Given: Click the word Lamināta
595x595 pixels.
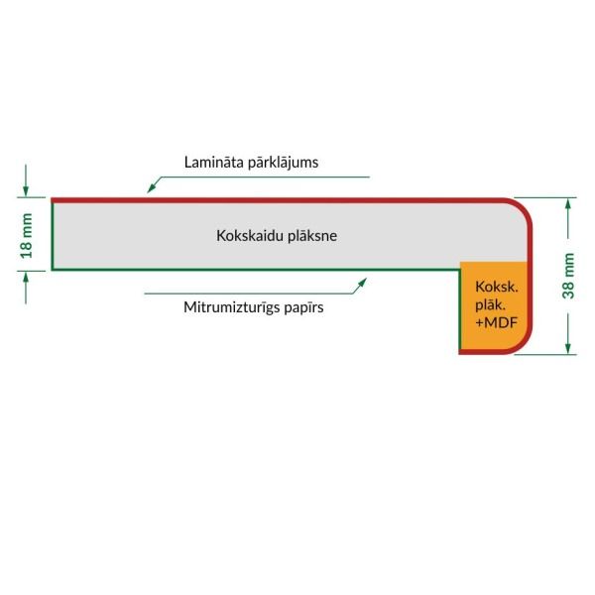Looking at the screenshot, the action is (x=214, y=162).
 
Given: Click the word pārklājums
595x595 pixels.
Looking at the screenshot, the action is (x=283, y=163).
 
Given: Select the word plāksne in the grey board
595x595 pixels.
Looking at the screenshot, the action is (x=312, y=236).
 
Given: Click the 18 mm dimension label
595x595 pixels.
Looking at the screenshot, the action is (x=26, y=236).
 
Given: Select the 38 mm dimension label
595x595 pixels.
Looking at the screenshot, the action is (x=568, y=276).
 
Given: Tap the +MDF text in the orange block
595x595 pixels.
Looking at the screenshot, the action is (x=497, y=322).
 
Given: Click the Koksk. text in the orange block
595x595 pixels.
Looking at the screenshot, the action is (x=497, y=287).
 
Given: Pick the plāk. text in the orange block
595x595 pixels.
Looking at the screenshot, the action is (x=490, y=305).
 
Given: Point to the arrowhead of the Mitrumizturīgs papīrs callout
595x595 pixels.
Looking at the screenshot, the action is (x=362, y=283).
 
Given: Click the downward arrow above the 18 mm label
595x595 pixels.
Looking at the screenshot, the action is (x=26, y=180).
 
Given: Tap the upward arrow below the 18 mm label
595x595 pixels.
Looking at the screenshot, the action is (x=26, y=288).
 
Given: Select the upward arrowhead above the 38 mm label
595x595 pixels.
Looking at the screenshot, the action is (x=568, y=205).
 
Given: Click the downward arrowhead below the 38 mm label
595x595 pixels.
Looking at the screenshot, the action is (x=568, y=348).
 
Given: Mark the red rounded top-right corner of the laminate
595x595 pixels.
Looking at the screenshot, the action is (x=524, y=207).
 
